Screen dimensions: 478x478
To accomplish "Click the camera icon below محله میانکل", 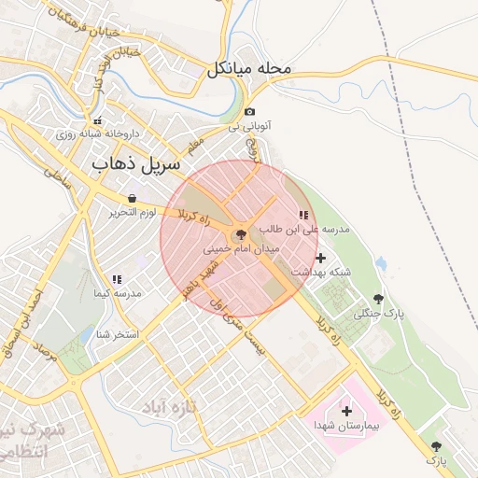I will [249, 112].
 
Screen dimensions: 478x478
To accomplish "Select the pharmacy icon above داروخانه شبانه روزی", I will [97, 120].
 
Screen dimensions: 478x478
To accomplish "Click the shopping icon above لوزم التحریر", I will [132, 199].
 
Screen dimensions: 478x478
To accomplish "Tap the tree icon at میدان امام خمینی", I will [242, 233].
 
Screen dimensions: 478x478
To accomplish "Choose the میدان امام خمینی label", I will [242, 249].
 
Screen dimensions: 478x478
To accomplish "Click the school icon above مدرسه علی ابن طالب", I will [302, 215].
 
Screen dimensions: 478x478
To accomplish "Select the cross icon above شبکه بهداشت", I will [321, 258].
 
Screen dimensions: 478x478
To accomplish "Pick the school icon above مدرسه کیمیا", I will [117, 279].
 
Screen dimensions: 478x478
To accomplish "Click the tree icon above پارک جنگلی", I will [378, 298].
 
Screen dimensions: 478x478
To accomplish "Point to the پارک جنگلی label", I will [378, 314].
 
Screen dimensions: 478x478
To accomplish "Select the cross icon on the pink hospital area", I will [347, 411].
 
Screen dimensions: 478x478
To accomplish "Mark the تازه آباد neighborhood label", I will [172, 407].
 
